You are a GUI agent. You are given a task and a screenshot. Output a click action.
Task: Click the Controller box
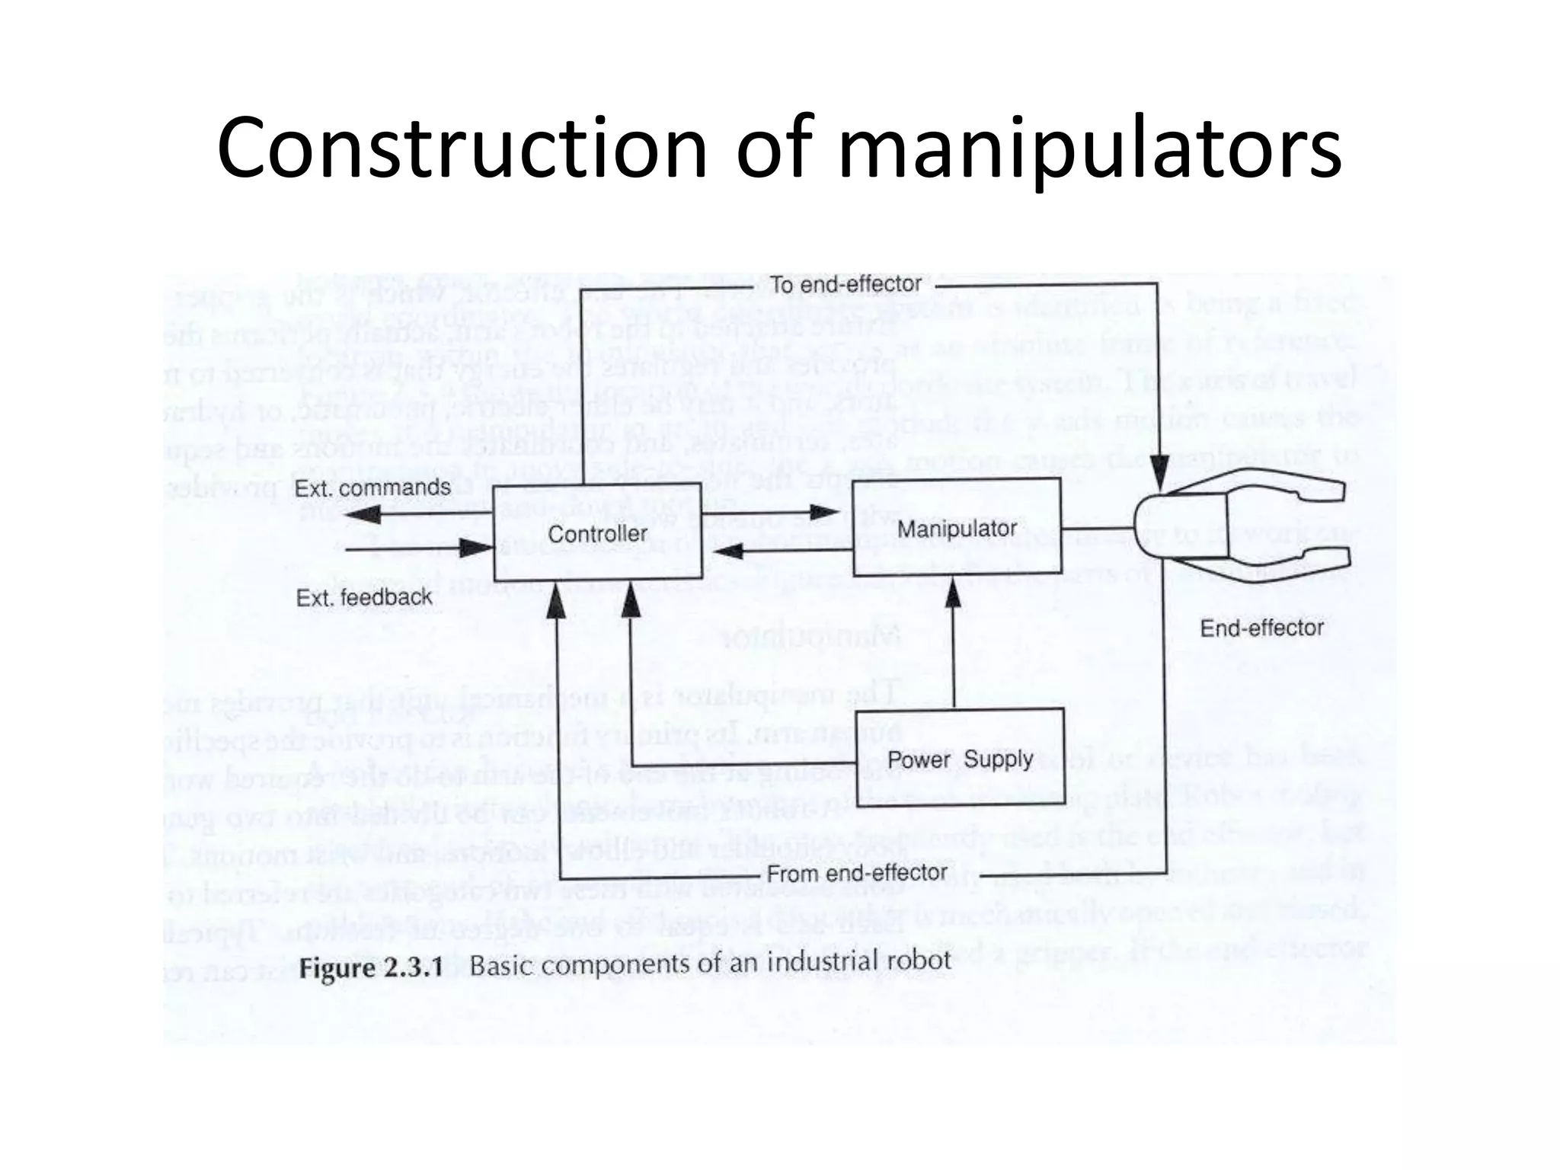click(x=597, y=533)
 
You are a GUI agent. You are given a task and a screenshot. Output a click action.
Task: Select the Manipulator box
click(x=957, y=528)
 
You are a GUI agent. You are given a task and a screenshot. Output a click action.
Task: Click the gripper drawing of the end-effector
click(x=1238, y=527)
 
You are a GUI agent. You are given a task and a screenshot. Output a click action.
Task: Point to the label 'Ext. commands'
click(x=372, y=487)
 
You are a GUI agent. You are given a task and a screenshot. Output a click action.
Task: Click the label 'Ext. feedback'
click(x=363, y=598)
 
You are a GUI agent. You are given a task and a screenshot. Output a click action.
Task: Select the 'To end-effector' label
click(x=846, y=285)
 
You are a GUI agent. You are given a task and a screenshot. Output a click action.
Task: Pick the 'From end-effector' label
click(x=856, y=873)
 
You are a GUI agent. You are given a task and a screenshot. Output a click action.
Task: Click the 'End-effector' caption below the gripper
click(x=1261, y=628)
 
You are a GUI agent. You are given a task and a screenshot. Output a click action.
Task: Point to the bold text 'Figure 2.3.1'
click(x=371, y=969)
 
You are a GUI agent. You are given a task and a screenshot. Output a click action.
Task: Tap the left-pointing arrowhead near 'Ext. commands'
click(x=363, y=515)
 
